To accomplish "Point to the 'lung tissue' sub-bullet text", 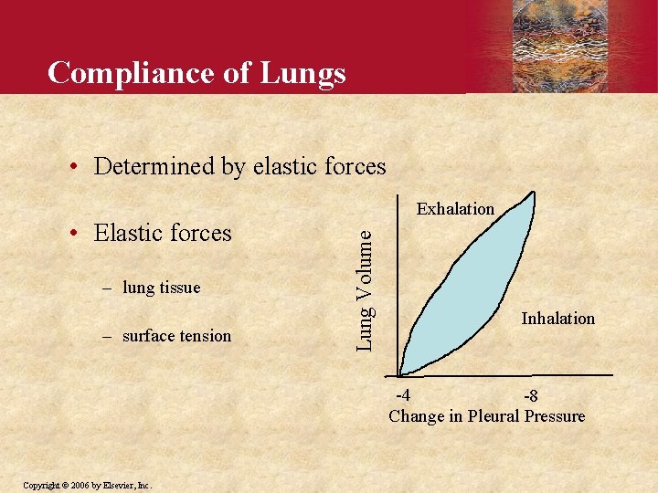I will click(161, 288).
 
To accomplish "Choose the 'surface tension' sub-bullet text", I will click(176, 336).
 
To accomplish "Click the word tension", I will click(206, 336).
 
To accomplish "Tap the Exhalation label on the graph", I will click(455, 209).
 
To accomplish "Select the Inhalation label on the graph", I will click(557, 319).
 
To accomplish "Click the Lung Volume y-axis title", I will click(364, 288).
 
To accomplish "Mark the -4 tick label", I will click(401, 395).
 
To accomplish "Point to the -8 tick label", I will click(530, 396).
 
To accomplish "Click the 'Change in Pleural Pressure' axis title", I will click(486, 416).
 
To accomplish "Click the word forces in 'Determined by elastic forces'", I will click(355, 166).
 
